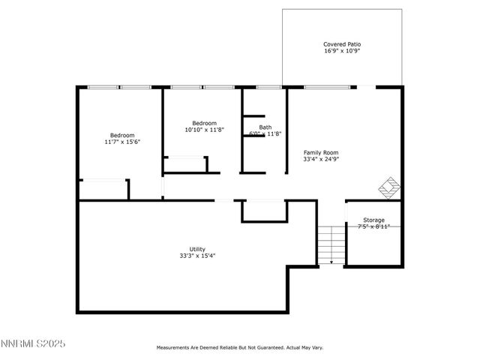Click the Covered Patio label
pyautogui.click(x=341, y=44)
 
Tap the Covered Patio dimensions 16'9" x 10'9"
pyautogui.click(x=341, y=52)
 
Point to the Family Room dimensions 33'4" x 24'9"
pyautogui.click(x=321, y=159)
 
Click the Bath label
pyautogui.click(x=265, y=127)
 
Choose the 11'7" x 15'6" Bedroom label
pyautogui.click(x=122, y=136)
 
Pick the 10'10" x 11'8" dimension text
pyautogui.click(x=204, y=130)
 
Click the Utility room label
pyautogui.click(x=197, y=249)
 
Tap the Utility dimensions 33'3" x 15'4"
pyautogui.click(x=197, y=256)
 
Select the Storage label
pyautogui.click(x=373, y=220)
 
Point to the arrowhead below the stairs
pyautogui.click(x=331, y=263)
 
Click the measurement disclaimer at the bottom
pyautogui.click(x=239, y=348)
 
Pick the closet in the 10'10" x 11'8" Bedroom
pyautogui.click(x=185, y=164)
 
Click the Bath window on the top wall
pyautogui.click(x=268, y=88)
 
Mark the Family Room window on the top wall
pyautogui.click(x=326, y=88)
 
